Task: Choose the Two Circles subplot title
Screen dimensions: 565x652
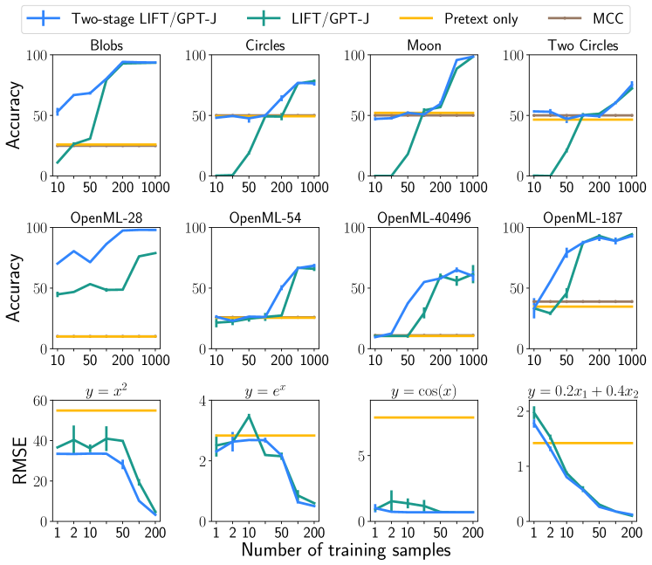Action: tap(580, 45)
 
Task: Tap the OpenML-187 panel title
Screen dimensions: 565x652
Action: tap(580, 217)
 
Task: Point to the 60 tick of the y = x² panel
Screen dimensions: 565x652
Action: tap(40, 401)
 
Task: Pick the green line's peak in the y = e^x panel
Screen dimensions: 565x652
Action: tap(249, 416)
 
